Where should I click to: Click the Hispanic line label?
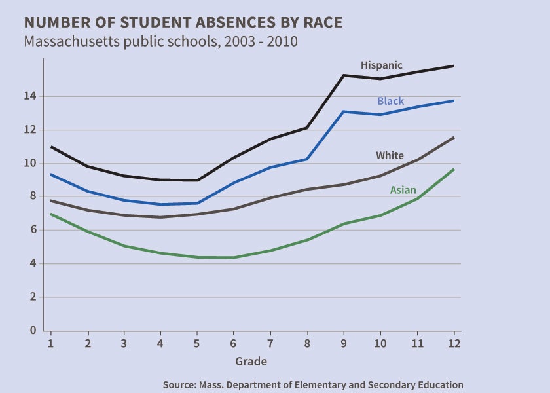[x=381, y=65]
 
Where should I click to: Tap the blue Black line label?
[x=390, y=102]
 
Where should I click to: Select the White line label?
[x=390, y=156]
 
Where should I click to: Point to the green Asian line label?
[x=403, y=191]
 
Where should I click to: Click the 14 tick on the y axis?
[x=31, y=96]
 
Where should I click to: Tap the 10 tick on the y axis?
[x=31, y=164]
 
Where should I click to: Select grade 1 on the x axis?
[x=50, y=343]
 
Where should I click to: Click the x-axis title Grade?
[x=251, y=362]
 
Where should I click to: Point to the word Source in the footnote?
[x=179, y=385]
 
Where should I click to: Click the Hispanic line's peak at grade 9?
[x=344, y=75]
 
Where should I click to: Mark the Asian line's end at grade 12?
[x=454, y=169]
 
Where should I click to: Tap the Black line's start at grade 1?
[x=50, y=174]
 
